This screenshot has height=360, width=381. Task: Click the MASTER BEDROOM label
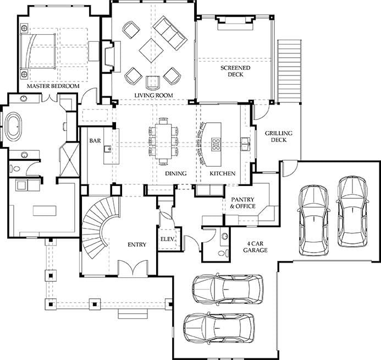53,86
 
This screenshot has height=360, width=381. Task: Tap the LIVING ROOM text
153,95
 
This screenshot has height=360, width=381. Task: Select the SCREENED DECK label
235,71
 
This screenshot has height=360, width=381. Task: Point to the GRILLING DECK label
278,137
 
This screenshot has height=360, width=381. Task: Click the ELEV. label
168,239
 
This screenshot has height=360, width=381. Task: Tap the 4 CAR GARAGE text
256,247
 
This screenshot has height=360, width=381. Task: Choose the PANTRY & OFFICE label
242,203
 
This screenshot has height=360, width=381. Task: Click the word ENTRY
137,244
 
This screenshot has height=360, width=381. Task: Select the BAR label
95,140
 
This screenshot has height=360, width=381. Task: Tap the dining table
163,141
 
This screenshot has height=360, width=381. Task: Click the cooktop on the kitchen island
216,144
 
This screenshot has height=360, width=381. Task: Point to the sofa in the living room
170,34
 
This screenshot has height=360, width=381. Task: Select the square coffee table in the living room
151,50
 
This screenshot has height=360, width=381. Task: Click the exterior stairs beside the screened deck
289,70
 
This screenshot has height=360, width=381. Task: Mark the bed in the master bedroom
38,51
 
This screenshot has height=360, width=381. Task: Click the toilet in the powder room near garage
224,253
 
